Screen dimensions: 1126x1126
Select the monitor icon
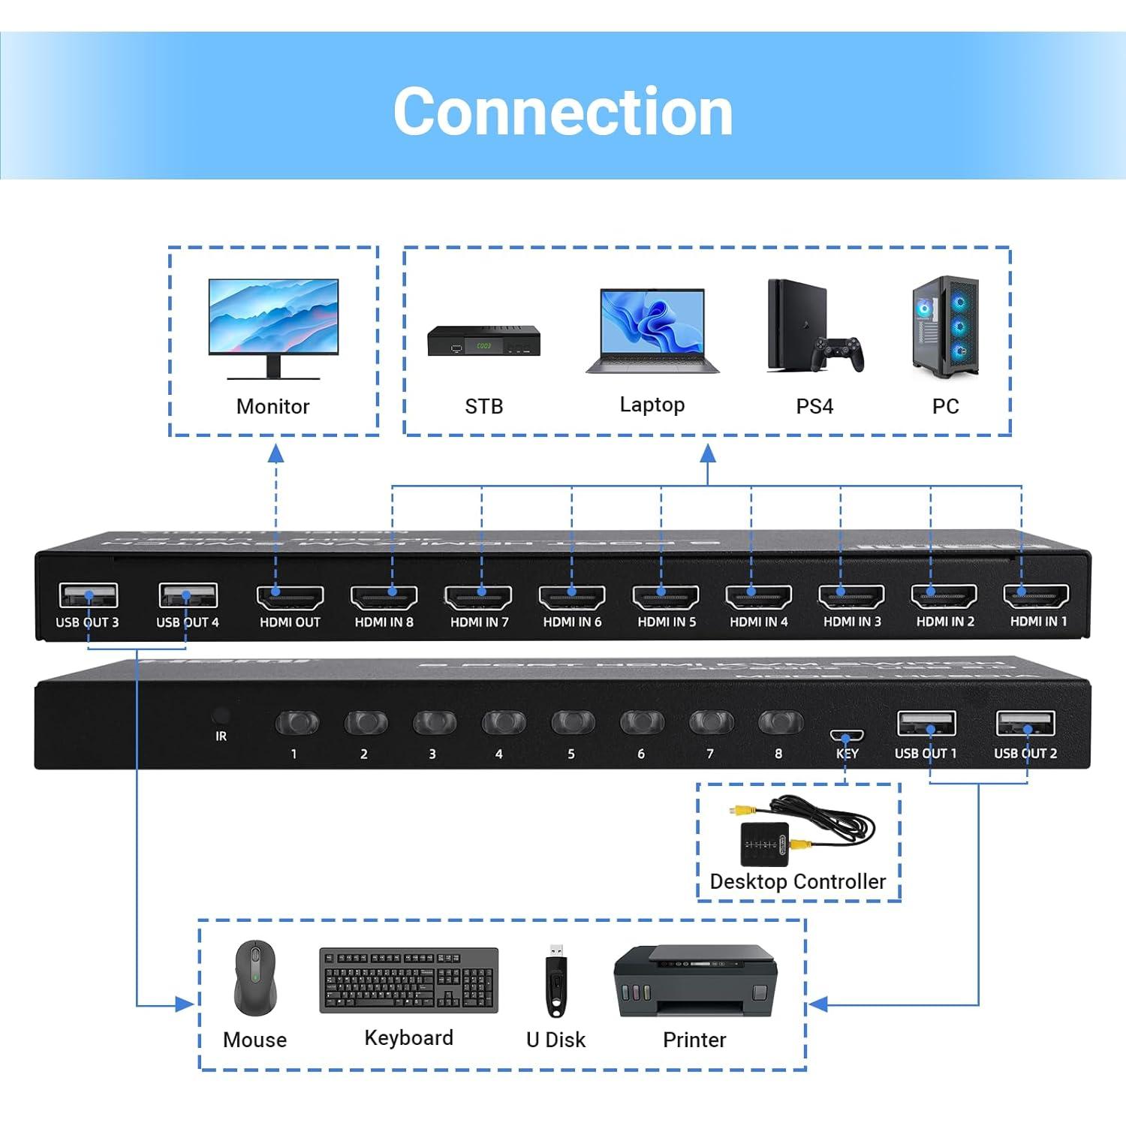(273, 327)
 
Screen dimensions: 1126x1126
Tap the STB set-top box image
(483, 342)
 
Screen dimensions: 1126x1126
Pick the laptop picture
(652, 331)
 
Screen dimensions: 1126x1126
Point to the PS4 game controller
(840, 354)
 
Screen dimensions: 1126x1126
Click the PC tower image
(946, 327)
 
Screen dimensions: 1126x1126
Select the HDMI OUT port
(291, 598)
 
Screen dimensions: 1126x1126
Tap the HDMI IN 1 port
(1036, 596)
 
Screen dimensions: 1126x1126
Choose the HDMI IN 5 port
(666, 598)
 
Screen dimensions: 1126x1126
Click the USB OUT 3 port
(88, 596)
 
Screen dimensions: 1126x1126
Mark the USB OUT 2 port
(1025, 724)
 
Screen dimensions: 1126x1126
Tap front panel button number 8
(780, 723)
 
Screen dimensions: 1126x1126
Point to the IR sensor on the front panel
(221, 715)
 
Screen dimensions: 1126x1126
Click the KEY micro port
(847, 736)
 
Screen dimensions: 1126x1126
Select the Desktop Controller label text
(798, 881)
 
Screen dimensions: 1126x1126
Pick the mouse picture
(255, 978)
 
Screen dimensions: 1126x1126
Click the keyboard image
(409, 980)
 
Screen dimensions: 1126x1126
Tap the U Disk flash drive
(555, 979)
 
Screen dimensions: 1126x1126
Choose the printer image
(695, 980)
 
